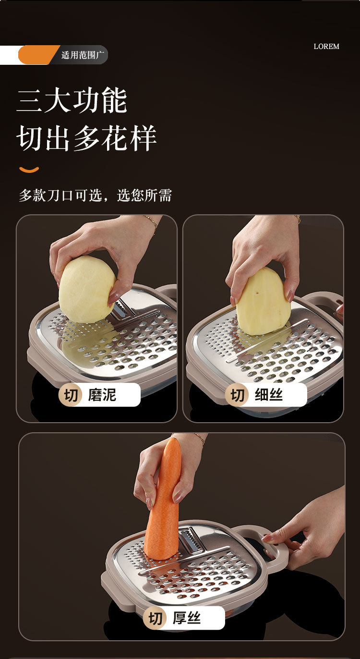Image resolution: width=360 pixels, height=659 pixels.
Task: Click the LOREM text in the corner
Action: point(326,47)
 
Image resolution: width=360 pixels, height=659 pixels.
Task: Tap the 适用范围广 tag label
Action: point(83,55)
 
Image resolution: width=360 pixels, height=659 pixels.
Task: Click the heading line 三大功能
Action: point(72,100)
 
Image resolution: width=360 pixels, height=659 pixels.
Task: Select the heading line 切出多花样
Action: point(86,138)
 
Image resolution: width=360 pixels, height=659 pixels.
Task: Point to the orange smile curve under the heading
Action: point(29,170)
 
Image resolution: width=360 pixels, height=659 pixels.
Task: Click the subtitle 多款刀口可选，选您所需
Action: point(96,195)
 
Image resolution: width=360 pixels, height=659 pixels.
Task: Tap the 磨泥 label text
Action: point(102,395)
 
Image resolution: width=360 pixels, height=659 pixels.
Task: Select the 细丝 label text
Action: point(269,395)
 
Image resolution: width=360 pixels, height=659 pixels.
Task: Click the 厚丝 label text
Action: point(187,618)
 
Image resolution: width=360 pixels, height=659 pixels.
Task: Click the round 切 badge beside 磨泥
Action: point(70,395)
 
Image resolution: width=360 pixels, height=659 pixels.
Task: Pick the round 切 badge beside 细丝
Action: point(237,395)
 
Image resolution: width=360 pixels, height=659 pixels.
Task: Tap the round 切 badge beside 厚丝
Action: point(155,618)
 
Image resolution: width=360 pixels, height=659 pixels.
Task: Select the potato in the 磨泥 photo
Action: point(87,289)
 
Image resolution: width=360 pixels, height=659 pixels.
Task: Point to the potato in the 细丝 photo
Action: point(263,302)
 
